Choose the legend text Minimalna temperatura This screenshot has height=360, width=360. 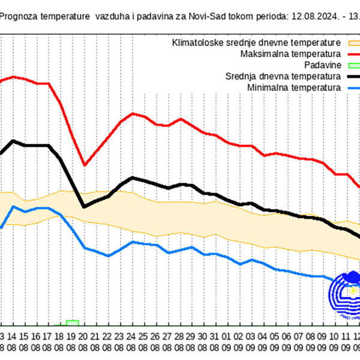293,88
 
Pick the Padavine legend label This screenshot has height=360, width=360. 323,65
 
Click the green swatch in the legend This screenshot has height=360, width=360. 352,65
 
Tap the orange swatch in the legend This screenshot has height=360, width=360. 352,43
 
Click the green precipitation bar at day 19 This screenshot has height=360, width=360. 72,323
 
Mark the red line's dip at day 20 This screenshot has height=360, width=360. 84,165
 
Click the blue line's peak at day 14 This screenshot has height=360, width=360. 14,206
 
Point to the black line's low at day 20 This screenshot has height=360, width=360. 84,206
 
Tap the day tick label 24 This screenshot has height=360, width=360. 131,336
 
